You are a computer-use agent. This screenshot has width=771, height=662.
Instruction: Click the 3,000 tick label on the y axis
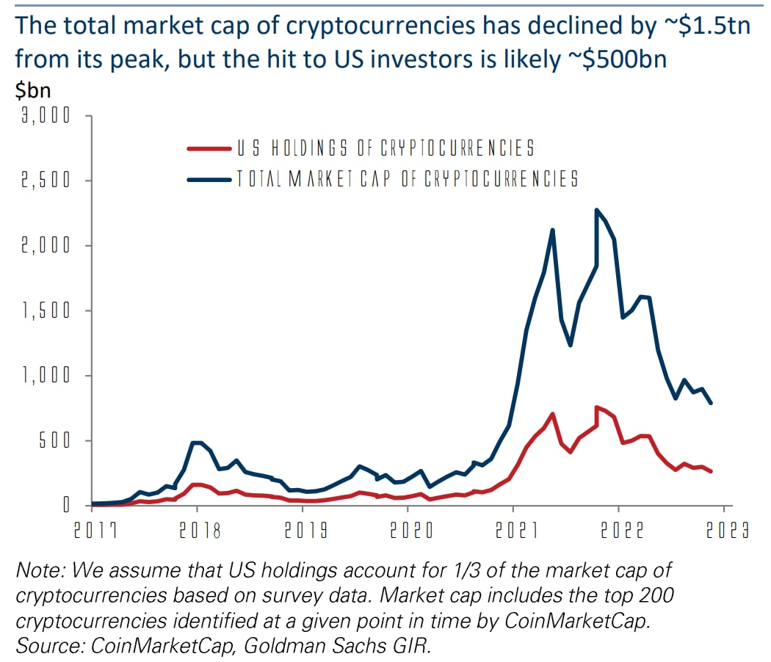pos(46,116)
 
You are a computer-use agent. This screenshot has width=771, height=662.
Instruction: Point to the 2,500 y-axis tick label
pos(46,181)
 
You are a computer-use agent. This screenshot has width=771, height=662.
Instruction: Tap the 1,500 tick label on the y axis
pos(46,310)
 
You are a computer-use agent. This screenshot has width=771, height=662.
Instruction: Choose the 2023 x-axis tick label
pos(727,531)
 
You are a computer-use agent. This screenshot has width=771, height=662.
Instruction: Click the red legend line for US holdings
pos(209,148)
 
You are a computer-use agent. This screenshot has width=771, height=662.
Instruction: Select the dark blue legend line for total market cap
pos(209,178)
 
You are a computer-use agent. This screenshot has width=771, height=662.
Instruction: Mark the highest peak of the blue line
pos(597,210)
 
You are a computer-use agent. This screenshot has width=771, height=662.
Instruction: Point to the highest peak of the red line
pos(597,407)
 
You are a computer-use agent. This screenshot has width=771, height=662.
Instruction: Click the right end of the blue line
pos(711,403)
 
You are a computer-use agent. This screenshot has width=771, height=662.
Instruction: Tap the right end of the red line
pos(711,471)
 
